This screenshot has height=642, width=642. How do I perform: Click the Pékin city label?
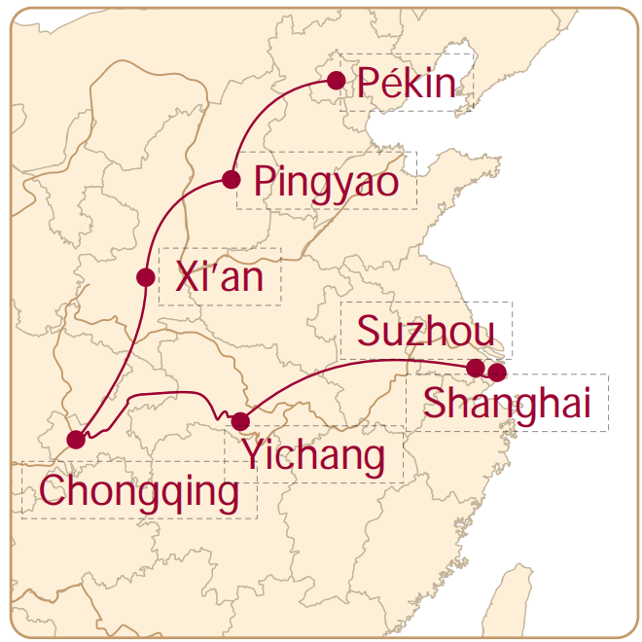pyautogui.click(x=407, y=85)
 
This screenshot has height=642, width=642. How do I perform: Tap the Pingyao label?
pyautogui.click(x=326, y=182)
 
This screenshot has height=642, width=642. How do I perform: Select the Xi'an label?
pyautogui.click(x=220, y=278)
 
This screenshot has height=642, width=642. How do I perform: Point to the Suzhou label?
pyautogui.click(x=420, y=332)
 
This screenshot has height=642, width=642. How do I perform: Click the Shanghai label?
pyautogui.click(x=507, y=404)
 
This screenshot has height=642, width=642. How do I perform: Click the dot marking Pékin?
pyautogui.click(x=337, y=81)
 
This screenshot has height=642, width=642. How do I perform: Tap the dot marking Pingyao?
pyautogui.click(x=231, y=179)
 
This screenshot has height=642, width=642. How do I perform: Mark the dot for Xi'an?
pyautogui.click(x=146, y=277)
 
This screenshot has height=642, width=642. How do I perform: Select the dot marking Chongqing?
pyautogui.click(x=76, y=440)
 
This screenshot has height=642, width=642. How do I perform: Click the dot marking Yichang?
pyautogui.click(x=240, y=421)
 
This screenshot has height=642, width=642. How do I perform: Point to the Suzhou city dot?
pyautogui.click(x=475, y=368)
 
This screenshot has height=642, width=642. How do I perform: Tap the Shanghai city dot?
pyautogui.click(x=497, y=373)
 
